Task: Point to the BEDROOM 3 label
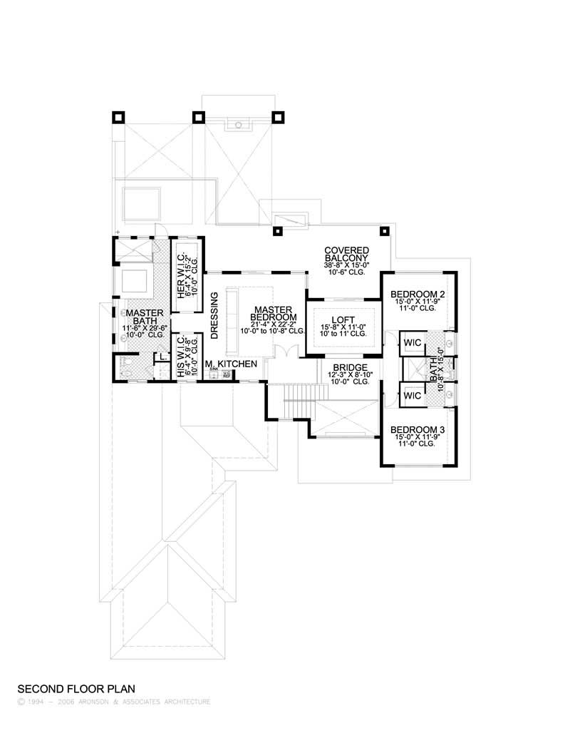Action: pyautogui.click(x=418, y=429)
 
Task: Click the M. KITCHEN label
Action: pyautogui.click(x=231, y=364)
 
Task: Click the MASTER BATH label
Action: pyautogui.click(x=145, y=317)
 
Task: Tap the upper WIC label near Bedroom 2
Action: pyautogui.click(x=412, y=343)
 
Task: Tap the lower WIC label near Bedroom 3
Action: pyautogui.click(x=412, y=395)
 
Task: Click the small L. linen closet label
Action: pyautogui.click(x=162, y=357)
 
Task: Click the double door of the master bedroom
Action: pyautogui.click(x=284, y=352)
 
